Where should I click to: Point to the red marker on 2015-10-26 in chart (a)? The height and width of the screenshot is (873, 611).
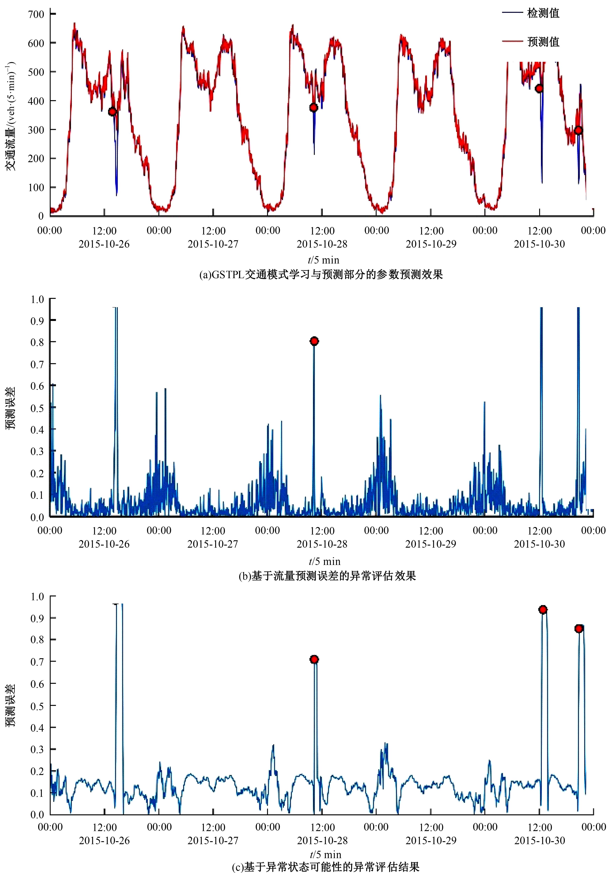[112, 111]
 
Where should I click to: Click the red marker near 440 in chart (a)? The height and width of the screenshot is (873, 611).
[539, 89]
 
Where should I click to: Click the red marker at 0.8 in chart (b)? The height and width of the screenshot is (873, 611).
[314, 341]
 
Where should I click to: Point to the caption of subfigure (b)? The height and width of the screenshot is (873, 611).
[327, 576]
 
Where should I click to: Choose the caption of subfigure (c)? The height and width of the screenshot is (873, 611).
[325, 867]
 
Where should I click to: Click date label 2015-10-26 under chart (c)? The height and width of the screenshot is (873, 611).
[104, 840]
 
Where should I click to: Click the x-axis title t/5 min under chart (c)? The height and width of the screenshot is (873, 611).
[325, 854]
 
